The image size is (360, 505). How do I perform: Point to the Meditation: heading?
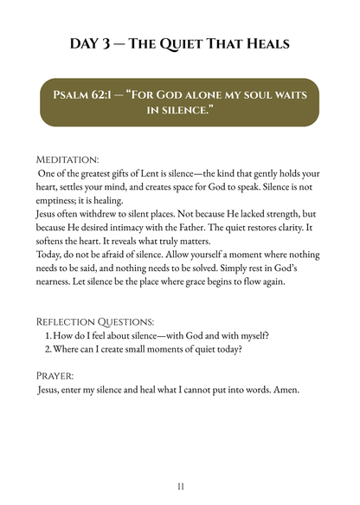click(x=67, y=160)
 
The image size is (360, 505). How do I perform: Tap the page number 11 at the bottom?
click(x=180, y=487)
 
